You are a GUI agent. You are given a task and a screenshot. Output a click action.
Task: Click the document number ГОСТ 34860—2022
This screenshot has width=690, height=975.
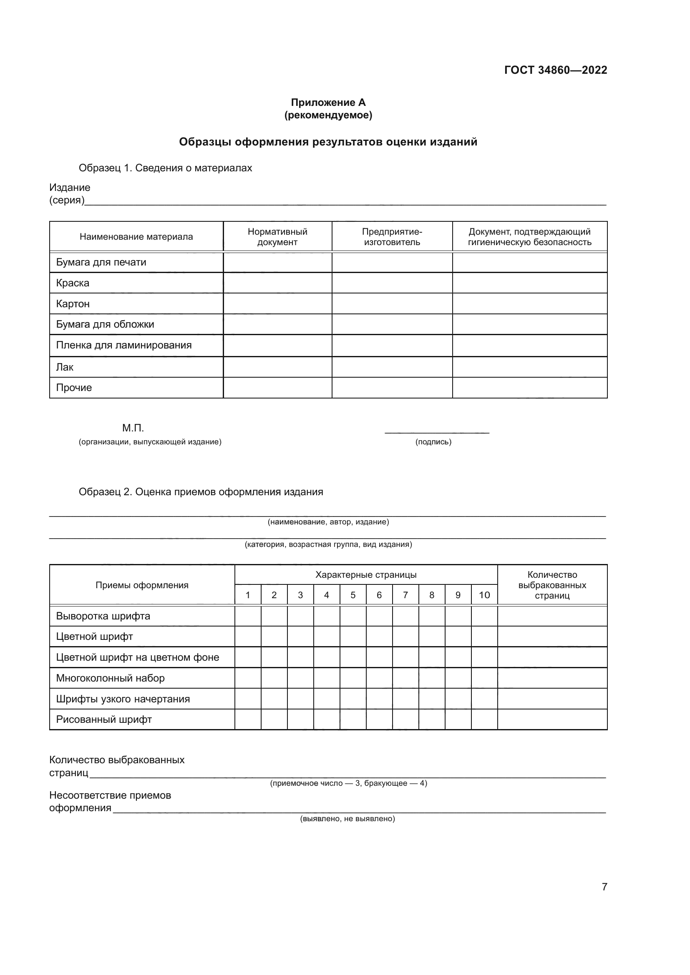click(555, 70)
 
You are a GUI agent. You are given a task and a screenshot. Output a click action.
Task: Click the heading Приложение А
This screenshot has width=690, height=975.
click(328, 103)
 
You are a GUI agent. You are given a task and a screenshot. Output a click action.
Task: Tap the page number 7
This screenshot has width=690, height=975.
click(604, 887)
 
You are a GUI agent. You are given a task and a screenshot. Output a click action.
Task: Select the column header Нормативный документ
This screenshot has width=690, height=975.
click(277, 236)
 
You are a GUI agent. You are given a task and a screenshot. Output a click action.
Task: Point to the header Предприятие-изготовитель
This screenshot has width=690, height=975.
click(392, 236)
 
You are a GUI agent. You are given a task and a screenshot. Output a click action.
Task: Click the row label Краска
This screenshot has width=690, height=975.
click(73, 283)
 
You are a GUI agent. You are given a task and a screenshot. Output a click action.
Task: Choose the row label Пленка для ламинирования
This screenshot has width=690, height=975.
click(123, 345)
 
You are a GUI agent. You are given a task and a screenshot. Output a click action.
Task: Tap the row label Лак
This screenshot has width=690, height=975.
click(65, 367)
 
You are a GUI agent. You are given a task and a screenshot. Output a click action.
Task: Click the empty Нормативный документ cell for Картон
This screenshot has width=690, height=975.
click(277, 303)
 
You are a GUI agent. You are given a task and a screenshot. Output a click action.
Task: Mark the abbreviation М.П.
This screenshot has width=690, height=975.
click(133, 428)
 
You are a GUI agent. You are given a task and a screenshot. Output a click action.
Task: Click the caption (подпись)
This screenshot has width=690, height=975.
click(433, 441)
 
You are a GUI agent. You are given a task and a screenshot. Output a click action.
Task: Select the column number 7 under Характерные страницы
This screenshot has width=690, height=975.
click(405, 595)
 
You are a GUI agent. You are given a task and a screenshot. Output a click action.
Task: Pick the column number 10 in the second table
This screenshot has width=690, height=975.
click(484, 595)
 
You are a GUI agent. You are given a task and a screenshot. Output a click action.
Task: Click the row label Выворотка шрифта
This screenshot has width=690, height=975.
click(103, 616)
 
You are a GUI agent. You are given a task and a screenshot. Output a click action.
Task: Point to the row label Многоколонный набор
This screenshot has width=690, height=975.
click(110, 678)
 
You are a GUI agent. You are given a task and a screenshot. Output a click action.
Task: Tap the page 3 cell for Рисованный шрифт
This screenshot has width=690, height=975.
click(300, 719)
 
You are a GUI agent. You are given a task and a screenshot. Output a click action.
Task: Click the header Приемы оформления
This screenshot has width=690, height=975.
click(142, 585)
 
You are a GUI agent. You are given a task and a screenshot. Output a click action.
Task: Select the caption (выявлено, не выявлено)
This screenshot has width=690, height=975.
click(347, 818)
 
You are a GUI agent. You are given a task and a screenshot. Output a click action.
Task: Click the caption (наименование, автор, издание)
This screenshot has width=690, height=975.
click(328, 521)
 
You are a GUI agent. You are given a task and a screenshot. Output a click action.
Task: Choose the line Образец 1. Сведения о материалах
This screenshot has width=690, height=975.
click(165, 168)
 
